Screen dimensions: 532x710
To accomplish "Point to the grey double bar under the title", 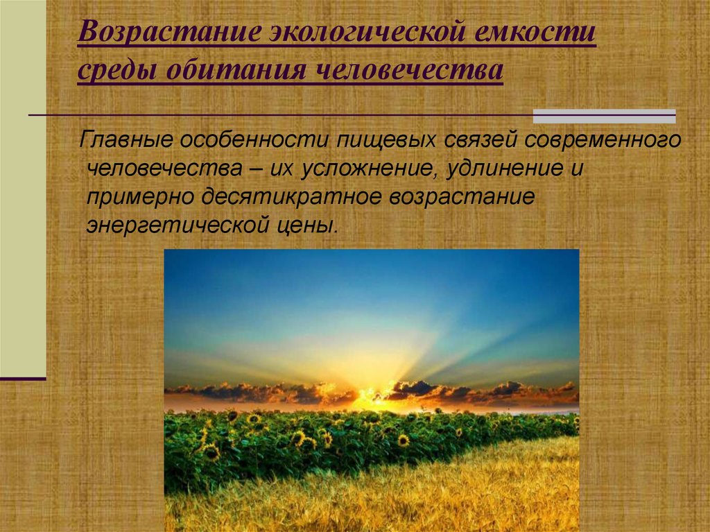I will pyautogui.click(x=603, y=116).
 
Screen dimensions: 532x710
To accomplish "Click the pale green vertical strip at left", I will pyautogui.click(x=23, y=187).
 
